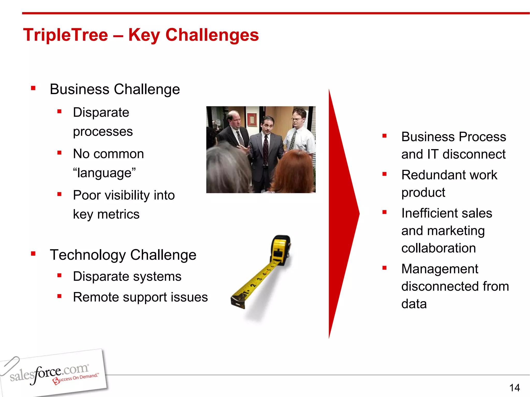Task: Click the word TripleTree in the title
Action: coord(65,35)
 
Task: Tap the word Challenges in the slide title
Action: coord(212,35)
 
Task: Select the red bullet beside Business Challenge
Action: coord(33,88)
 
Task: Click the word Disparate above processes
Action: coord(101,112)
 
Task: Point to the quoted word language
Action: coord(104,173)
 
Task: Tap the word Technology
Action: coord(88,255)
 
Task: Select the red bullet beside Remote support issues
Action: coord(60,296)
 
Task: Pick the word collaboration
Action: coord(438,248)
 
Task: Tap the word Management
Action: coord(440,269)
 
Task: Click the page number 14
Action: coord(514,388)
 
